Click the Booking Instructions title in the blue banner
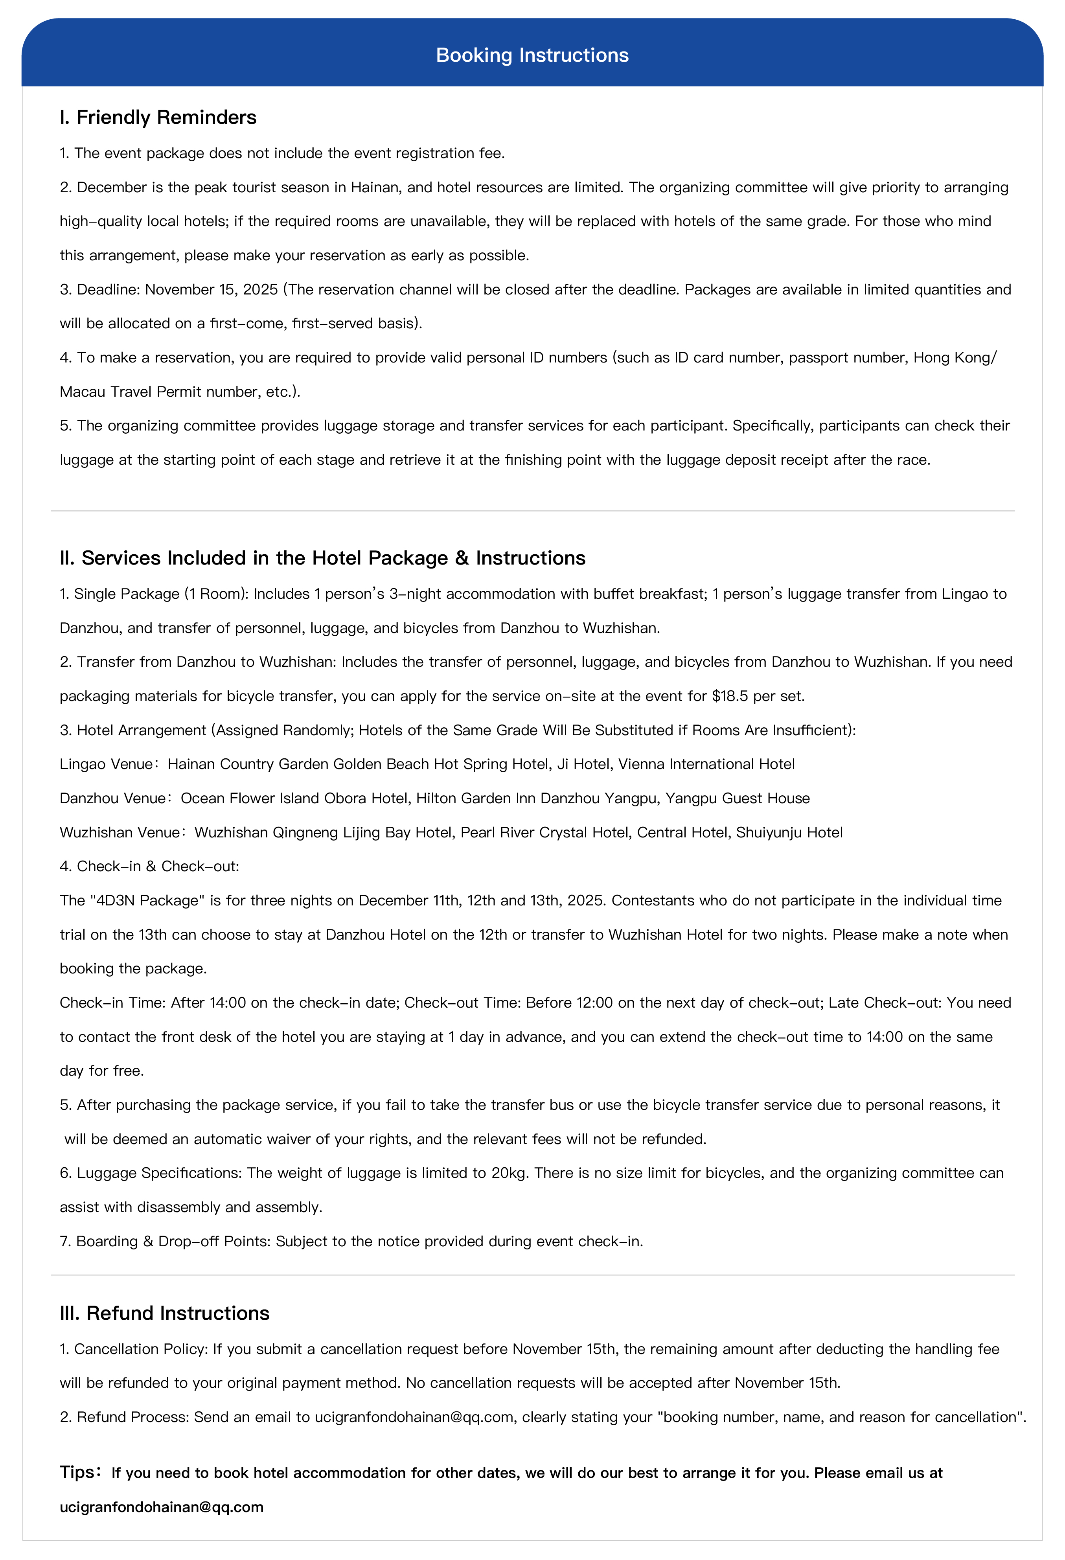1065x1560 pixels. (x=532, y=55)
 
